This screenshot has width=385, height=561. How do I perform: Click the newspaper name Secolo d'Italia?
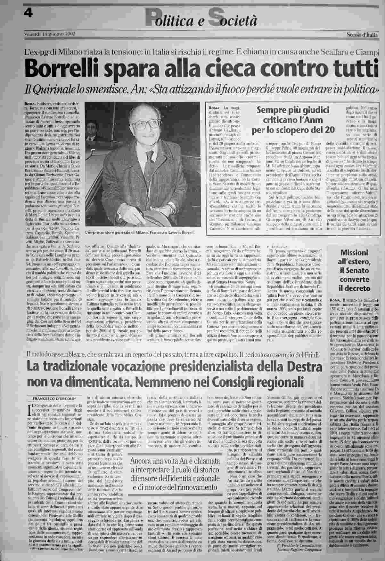(363, 35)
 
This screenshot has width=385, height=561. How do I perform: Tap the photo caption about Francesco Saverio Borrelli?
(140, 233)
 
